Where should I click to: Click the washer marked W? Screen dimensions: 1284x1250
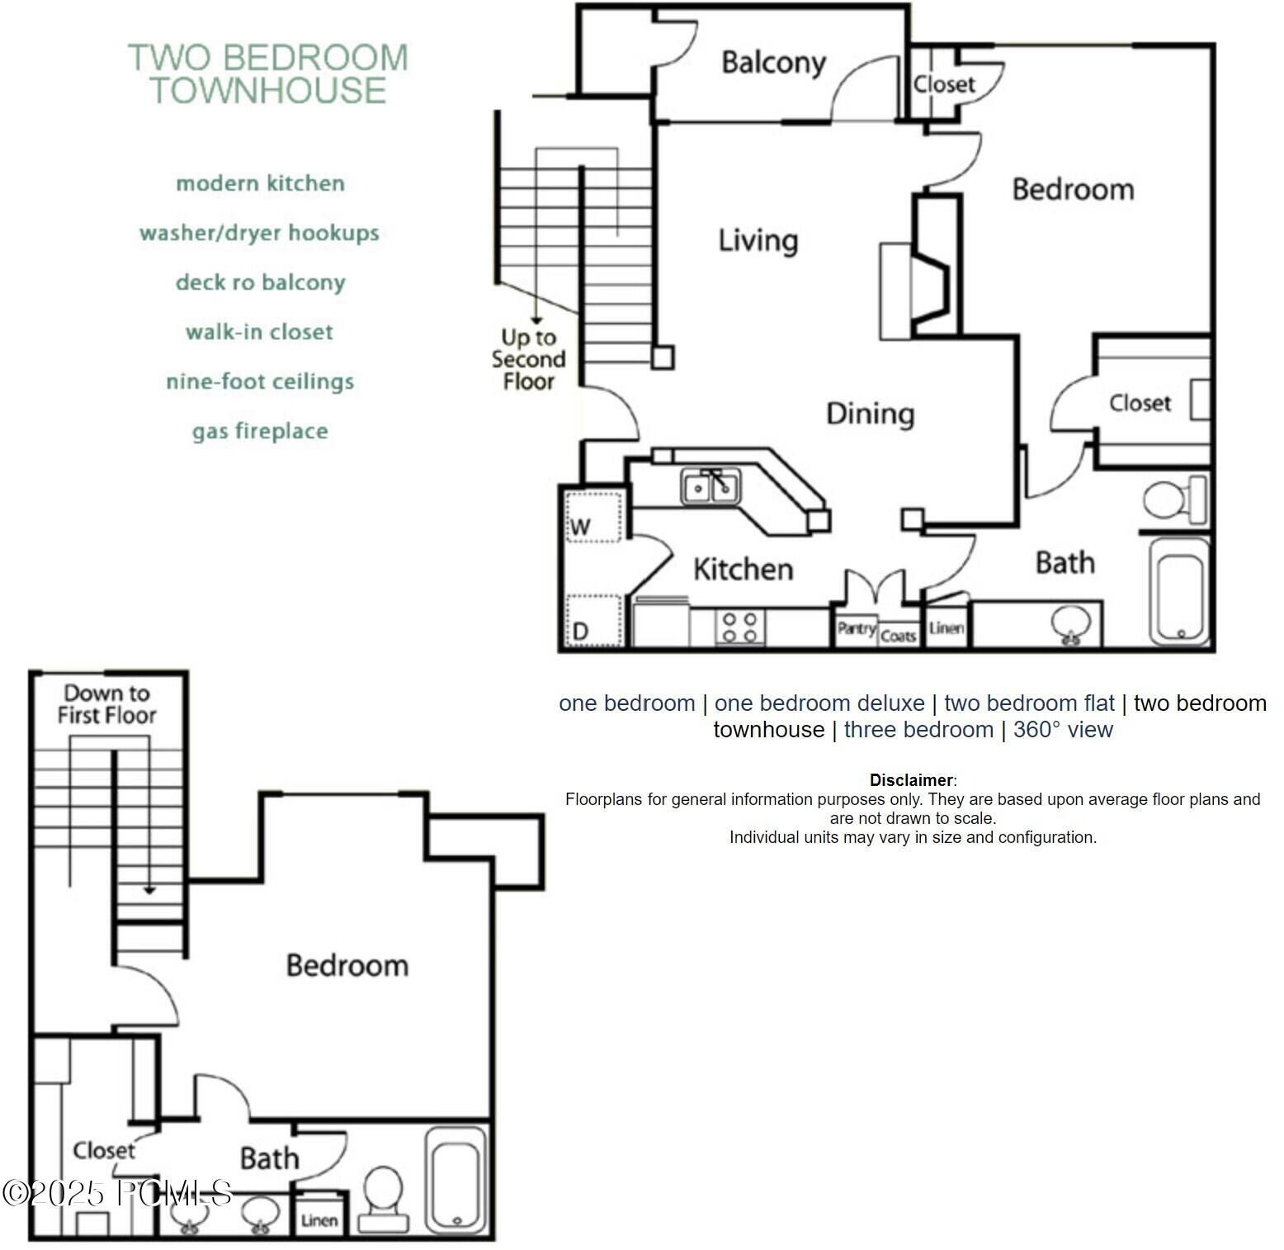coord(592,518)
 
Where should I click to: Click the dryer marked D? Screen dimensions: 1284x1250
coord(592,620)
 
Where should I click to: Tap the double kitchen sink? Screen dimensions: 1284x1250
coord(710,486)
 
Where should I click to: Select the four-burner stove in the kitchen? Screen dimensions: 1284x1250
coord(740,627)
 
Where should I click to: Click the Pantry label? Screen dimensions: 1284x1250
coord(856,629)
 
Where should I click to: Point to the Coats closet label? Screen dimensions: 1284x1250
coord(898,636)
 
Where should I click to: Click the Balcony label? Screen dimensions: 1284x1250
coord(773,63)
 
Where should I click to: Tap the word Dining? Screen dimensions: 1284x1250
coord(871,413)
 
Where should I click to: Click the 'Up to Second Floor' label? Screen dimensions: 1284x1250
coord(528,359)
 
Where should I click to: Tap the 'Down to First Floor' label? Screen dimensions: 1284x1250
coord(106,703)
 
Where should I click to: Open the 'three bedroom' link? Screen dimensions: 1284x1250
coord(918,730)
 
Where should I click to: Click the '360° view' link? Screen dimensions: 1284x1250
coord(1063,730)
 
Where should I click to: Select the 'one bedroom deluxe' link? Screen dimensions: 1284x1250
coord(819,703)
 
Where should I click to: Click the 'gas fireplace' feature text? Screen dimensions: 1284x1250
coord(260,431)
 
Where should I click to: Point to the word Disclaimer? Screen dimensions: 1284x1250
coord(911,780)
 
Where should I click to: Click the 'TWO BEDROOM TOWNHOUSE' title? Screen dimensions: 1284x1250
coord(268,73)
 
